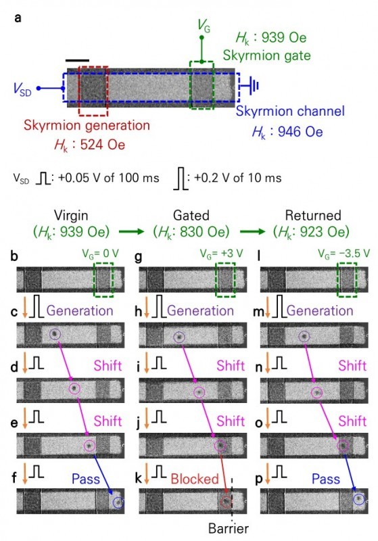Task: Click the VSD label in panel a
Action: click(22, 88)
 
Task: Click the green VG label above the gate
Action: click(203, 26)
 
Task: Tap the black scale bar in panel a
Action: click(78, 60)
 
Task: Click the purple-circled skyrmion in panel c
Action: click(55, 334)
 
